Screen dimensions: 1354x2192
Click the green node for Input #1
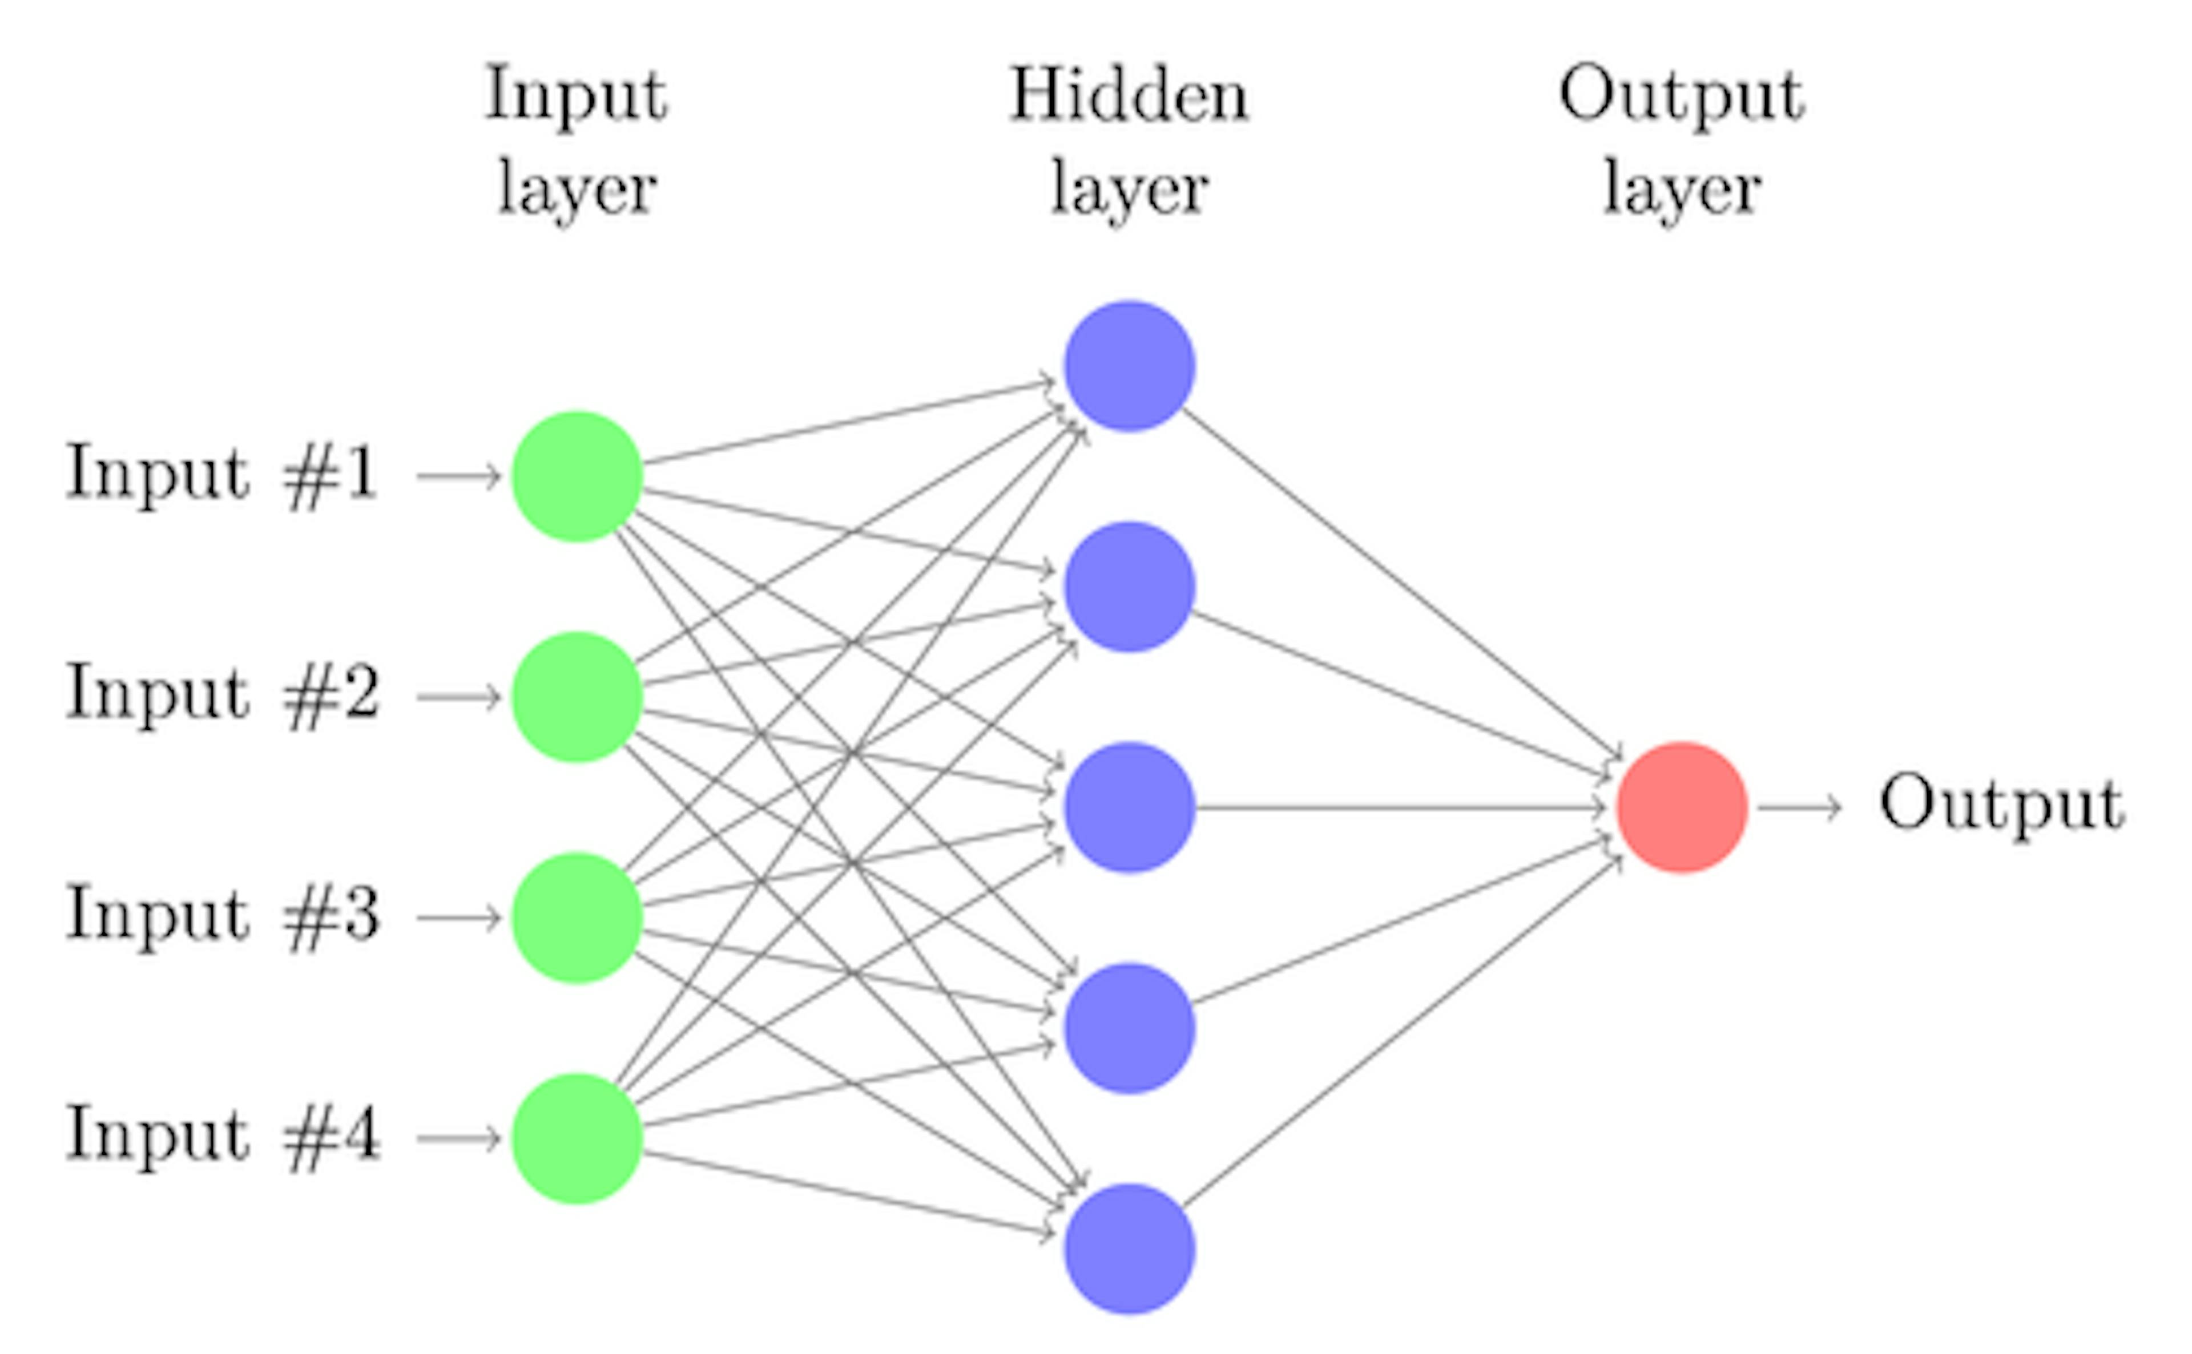[577, 476]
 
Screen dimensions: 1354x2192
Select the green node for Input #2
[577, 697]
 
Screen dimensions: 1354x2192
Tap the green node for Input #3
[577, 918]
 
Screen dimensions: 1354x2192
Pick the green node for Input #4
[577, 1138]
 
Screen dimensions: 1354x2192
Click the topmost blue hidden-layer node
[1130, 366]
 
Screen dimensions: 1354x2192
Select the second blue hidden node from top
[1130, 587]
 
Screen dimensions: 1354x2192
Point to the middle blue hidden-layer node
[1130, 807]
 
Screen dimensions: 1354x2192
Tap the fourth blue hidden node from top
[1130, 1028]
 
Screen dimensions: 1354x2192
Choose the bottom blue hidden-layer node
[1130, 1249]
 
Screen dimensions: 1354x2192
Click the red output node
[1682, 807]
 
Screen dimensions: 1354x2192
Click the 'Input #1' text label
[222, 475]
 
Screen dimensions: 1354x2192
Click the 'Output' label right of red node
[2001, 805]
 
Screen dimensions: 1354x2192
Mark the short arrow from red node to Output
[1799, 808]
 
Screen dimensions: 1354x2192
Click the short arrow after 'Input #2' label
[458, 697]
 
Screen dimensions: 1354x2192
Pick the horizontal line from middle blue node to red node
[1397, 808]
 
